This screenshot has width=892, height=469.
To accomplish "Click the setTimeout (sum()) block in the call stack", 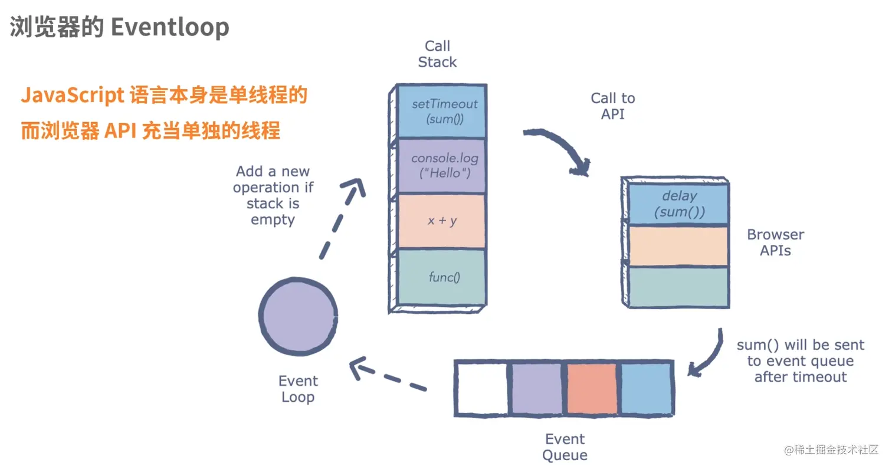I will (441, 111).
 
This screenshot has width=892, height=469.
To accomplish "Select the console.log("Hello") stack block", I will (441, 166).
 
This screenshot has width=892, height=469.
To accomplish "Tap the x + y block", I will (441, 221).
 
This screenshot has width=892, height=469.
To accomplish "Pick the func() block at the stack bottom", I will (441, 276).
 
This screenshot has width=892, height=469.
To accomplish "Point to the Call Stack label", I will (437, 54).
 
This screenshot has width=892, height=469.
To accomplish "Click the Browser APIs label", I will (775, 242).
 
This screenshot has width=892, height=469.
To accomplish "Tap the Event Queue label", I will (565, 447).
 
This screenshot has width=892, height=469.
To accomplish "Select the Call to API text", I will (612, 106).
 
